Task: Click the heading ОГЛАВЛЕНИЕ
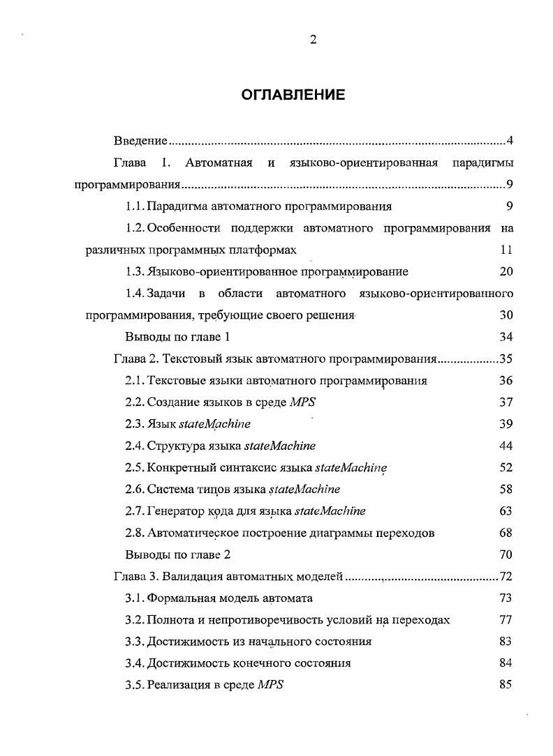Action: pyautogui.click(x=293, y=95)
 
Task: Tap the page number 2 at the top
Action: pyautogui.click(x=314, y=40)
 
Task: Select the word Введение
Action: pyautogui.click(x=140, y=142)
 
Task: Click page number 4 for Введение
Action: pyautogui.click(x=510, y=142)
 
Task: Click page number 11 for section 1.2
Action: pyautogui.click(x=507, y=250)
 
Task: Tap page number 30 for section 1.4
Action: pyautogui.click(x=506, y=315)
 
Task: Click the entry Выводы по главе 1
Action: pyautogui.click(x=177, y=337)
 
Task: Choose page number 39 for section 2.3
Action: pyautogui.click(x=506, y=424)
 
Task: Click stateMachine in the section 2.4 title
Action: pyautogui.click(x=279, y=446)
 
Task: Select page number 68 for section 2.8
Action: pyautogui.click(x=506, y=533)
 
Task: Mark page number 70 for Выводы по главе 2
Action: pyautogui.click(x=506, y=555)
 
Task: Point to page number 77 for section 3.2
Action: pyautogui.click(x=506, y=620)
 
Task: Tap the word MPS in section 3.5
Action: pyautogui.click(x=270, y=685)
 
